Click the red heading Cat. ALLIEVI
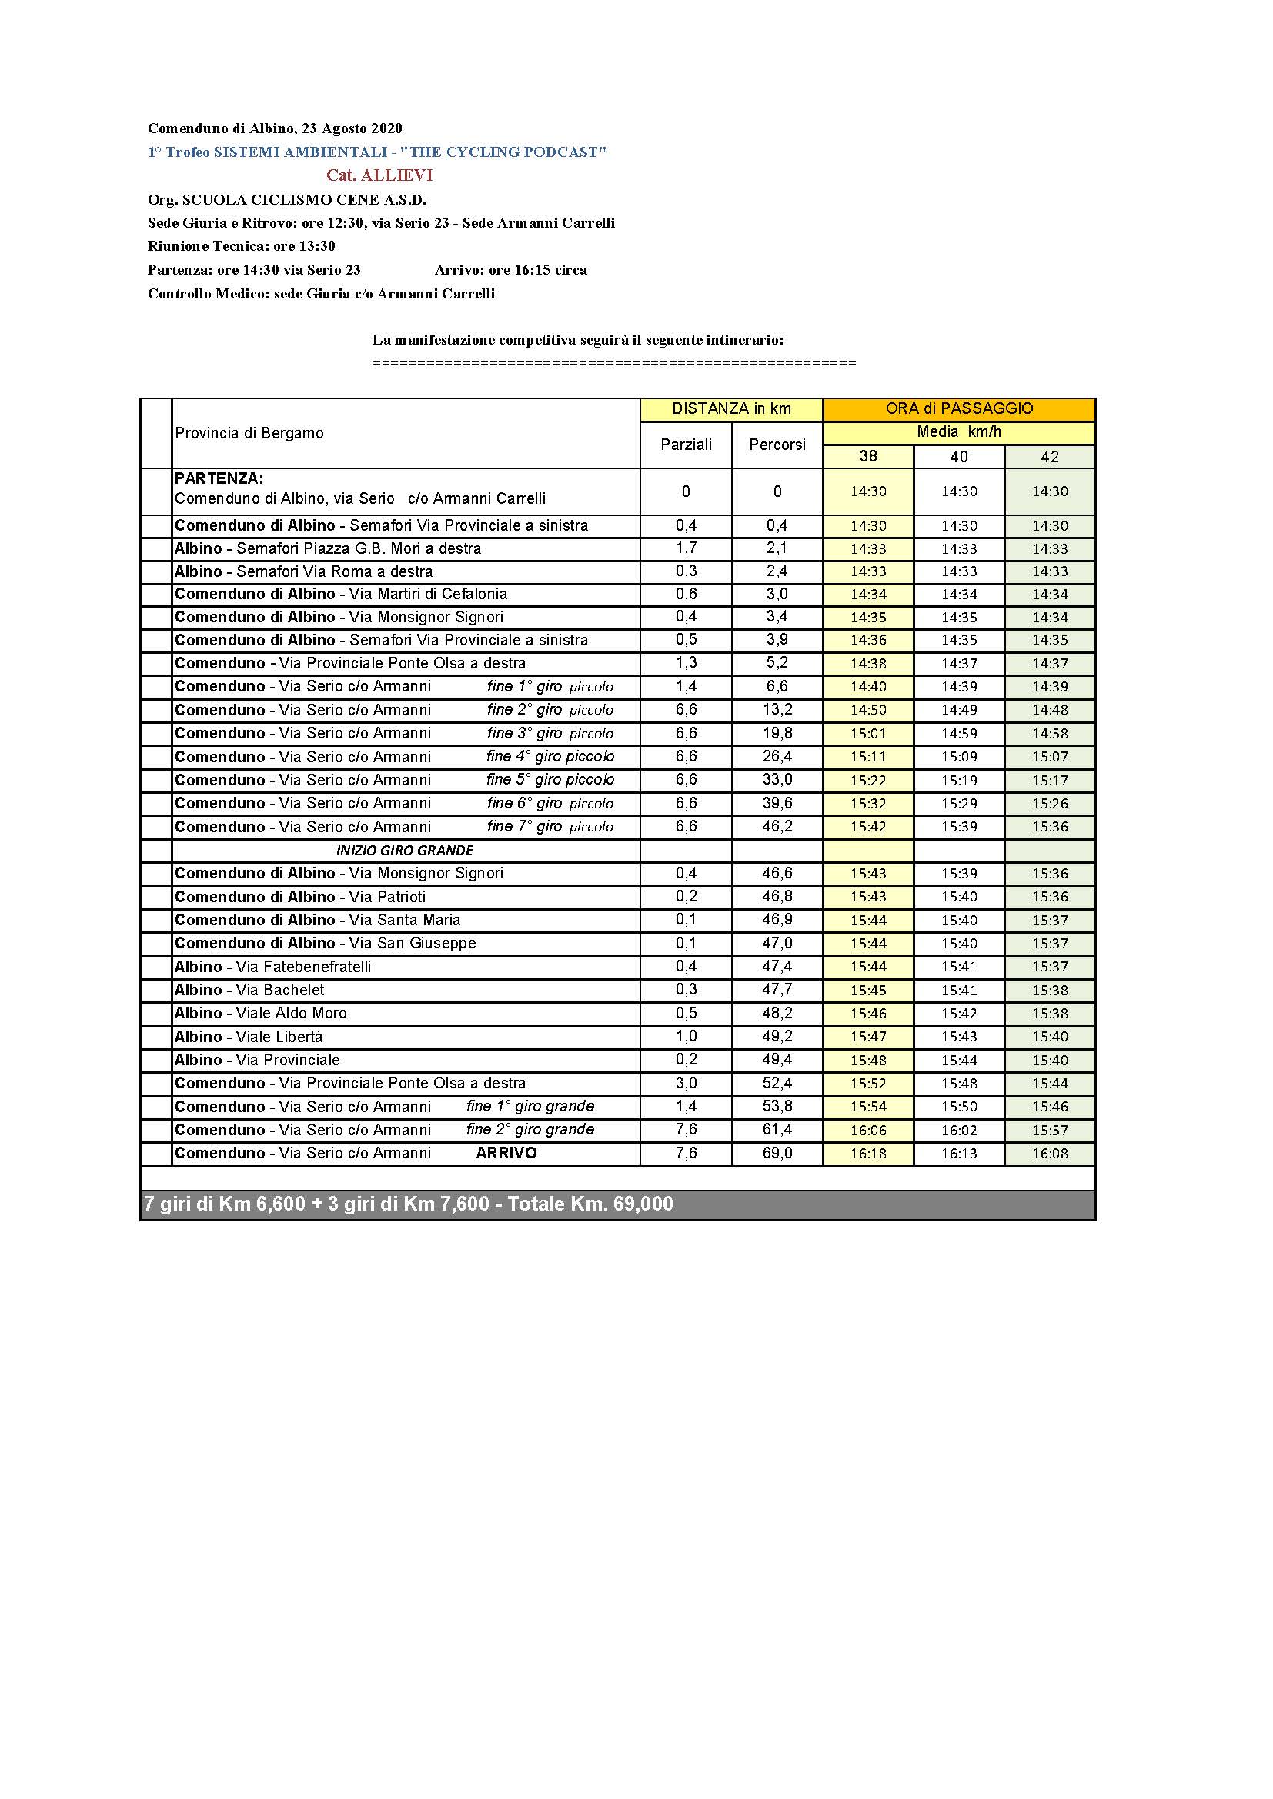tap(379, 175)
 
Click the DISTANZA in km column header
tap(730, 409)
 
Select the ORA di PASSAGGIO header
tap(959, 409)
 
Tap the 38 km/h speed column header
tap(867, 457)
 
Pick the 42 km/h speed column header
tap(1050, 457)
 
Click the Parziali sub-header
tap(686, 445)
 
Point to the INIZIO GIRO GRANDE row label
tap(405, 850)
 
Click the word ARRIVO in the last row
tap(506, 1153)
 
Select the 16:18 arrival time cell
tap(867, 1154)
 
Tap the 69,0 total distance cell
tap(777, 1153)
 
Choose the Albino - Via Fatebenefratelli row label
tap(272, 967)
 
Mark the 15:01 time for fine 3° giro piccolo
tap(867, 734)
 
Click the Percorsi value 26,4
tap(777, 756)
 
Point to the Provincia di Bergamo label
tap(249, 433)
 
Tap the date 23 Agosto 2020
tap(352, 128)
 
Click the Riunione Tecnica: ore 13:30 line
tap(242, 246)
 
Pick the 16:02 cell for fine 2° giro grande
tap(959, 1130)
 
